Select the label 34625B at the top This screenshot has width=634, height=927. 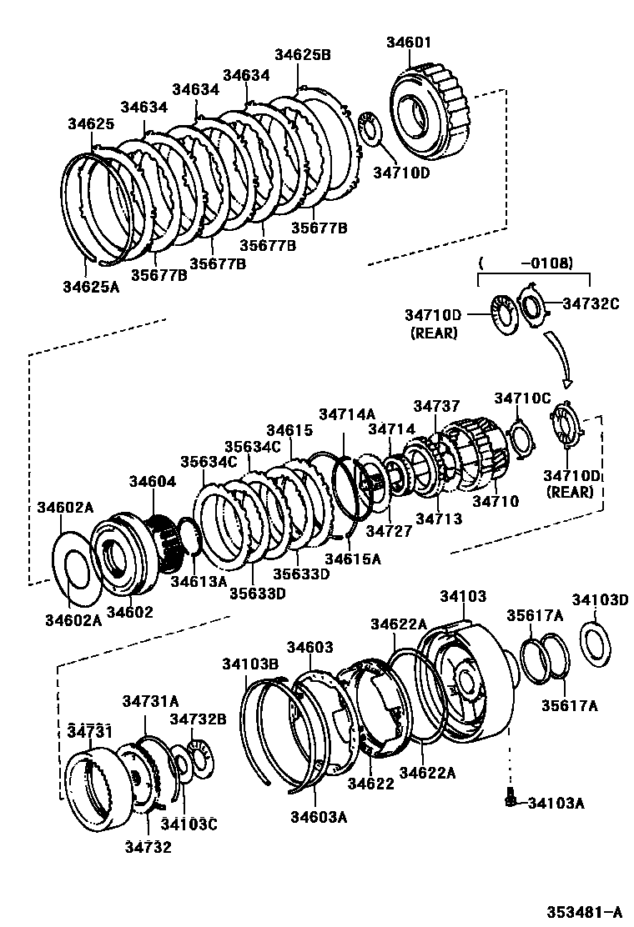point(303,55)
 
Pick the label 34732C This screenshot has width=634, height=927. point(590,303)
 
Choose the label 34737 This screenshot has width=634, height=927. point(436,406)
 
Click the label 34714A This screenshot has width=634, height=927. point(347,414)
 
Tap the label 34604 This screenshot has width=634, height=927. point(153,482)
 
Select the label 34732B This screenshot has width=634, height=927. point(198,719)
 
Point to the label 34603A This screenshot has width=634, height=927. point(318,816)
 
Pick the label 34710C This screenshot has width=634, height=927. point(522,398)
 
